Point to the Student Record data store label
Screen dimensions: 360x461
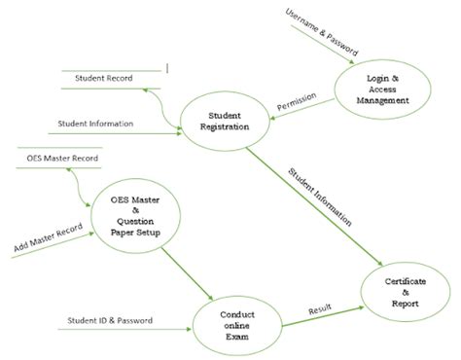[x=102, y=77]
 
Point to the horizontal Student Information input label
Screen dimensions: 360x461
[x=96, y=125]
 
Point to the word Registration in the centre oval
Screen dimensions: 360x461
[x=225, y=126]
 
